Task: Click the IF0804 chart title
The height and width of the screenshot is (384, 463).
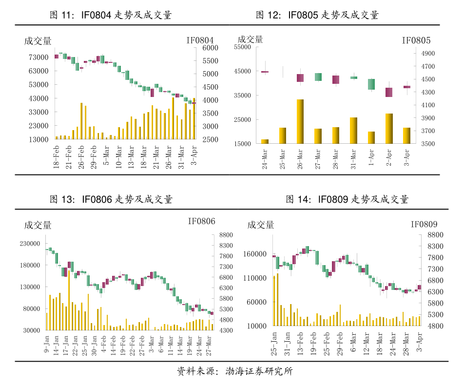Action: (x=200, y=40)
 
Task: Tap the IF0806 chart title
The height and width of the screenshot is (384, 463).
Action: (x=201, y=222)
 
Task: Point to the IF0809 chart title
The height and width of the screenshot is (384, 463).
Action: (x=424, y=225)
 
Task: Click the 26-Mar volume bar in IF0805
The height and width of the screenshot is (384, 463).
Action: (x=300, y=121)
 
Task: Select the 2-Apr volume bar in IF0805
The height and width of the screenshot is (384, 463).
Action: (x=389, y=129)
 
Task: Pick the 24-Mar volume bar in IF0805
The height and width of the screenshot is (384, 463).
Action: (x=265, y=141)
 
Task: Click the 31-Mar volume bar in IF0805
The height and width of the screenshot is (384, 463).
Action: (x=353, y=131)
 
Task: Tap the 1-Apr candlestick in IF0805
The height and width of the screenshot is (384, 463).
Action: (x=371, y=84)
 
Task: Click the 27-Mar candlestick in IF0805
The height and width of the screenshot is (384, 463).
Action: (x=318, y=77)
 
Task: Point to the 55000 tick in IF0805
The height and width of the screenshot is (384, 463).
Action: (x=242, y=47)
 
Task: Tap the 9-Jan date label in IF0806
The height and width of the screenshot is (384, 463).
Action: (x=47, y=344)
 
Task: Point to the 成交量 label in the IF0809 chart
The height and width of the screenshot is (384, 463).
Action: (x=261, y=225)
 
